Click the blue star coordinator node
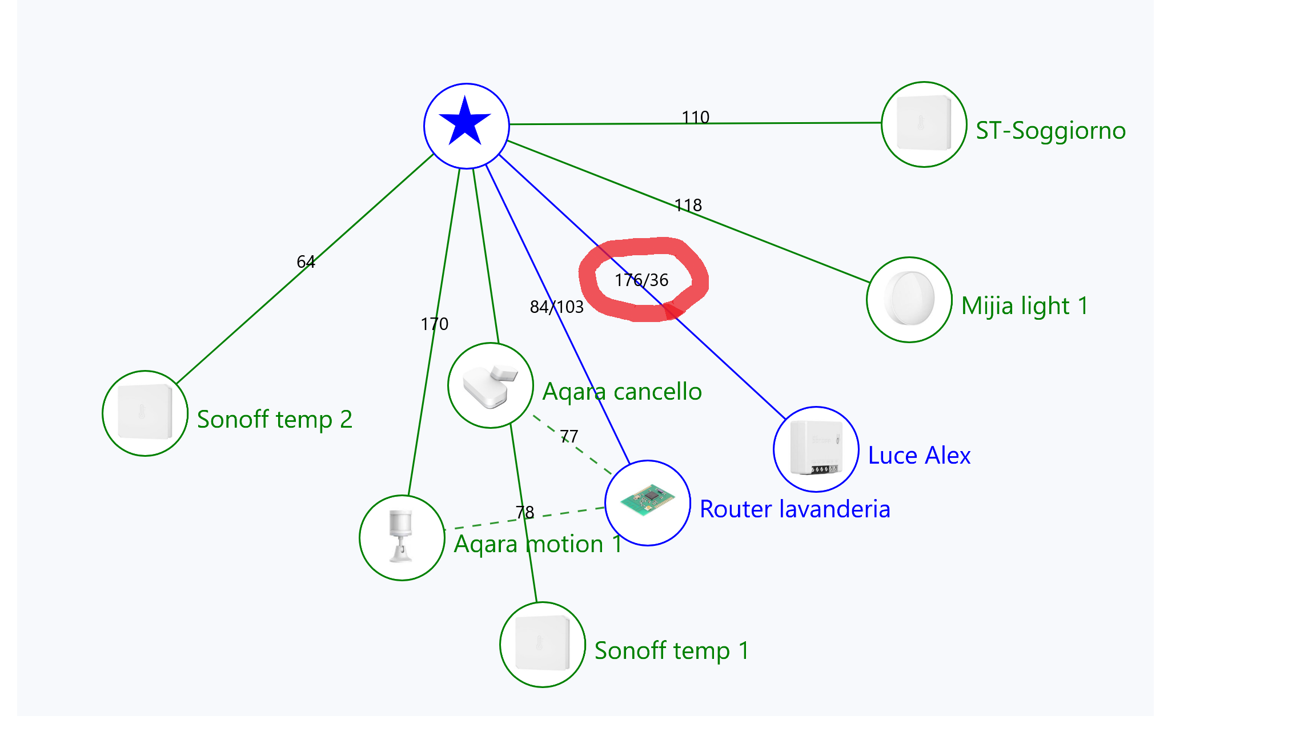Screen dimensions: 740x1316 466,126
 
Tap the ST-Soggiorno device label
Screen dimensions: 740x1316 1050,131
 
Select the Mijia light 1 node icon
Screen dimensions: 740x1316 909,299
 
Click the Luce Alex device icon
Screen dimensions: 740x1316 816,449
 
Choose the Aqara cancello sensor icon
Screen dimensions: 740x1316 490,385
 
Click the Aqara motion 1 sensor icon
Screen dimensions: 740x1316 402,537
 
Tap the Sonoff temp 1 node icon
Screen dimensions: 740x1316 542,644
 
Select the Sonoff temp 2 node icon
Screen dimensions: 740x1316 145,413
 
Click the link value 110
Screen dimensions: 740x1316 695,118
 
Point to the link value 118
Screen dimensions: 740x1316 688,206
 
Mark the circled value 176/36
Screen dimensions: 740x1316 641,280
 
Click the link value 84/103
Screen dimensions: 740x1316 556,307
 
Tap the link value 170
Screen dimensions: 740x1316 434,324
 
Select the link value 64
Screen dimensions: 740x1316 306,262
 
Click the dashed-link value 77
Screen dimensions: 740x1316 569,437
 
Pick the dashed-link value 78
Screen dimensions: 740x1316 524,513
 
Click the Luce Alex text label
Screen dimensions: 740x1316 918,456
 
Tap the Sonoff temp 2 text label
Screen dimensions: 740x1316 274,420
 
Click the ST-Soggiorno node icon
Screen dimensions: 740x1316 924,124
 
